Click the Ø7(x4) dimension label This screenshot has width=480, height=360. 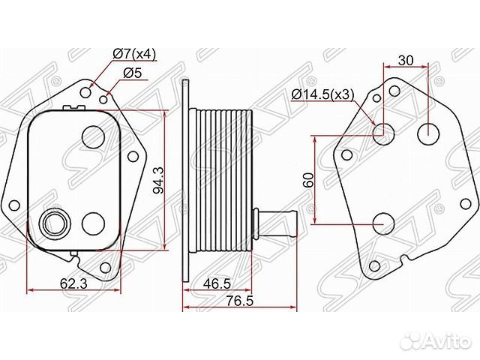click(134, 54)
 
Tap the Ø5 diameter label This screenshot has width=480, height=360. click(133, 73)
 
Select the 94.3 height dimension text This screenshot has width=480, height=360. click(158, 180)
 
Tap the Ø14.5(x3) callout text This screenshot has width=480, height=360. click(322, 94)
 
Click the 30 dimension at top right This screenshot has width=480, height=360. click(406, 60)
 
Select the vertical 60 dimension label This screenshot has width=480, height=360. click(308, 180)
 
